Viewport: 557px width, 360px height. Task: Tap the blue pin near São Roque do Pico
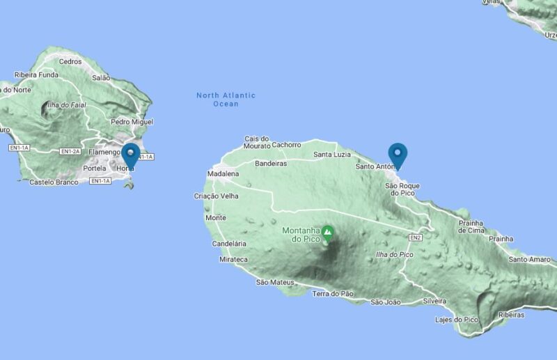[x=398, y=155]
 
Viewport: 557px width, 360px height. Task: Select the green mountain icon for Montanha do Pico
[x=327, y=233]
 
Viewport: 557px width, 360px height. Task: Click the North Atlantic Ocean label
[x=226, y=100]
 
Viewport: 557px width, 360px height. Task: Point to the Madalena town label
[x=223, y=174]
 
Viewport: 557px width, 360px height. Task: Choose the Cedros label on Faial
[x=70, y=61]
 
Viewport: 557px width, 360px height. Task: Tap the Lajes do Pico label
[x=456, y=320]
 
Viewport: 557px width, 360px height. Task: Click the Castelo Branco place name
[x=54, y=182]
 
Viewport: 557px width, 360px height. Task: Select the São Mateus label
[x=272, y=282]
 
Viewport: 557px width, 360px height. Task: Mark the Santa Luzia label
[x=332, y=155]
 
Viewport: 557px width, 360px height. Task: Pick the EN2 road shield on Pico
[x=416, y=238]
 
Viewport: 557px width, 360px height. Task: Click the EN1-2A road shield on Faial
[x=70, y=151]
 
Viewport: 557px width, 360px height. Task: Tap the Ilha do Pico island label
[x=394, y=254]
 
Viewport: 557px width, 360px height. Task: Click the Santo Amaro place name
[x=529, y=259]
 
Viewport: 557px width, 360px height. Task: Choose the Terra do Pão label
[x=333, y=294]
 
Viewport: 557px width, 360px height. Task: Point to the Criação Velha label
[x=216, y=196]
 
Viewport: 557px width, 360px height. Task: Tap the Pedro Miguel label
[x=132, y=122]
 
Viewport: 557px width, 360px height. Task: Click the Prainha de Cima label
[x=471, y=227]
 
